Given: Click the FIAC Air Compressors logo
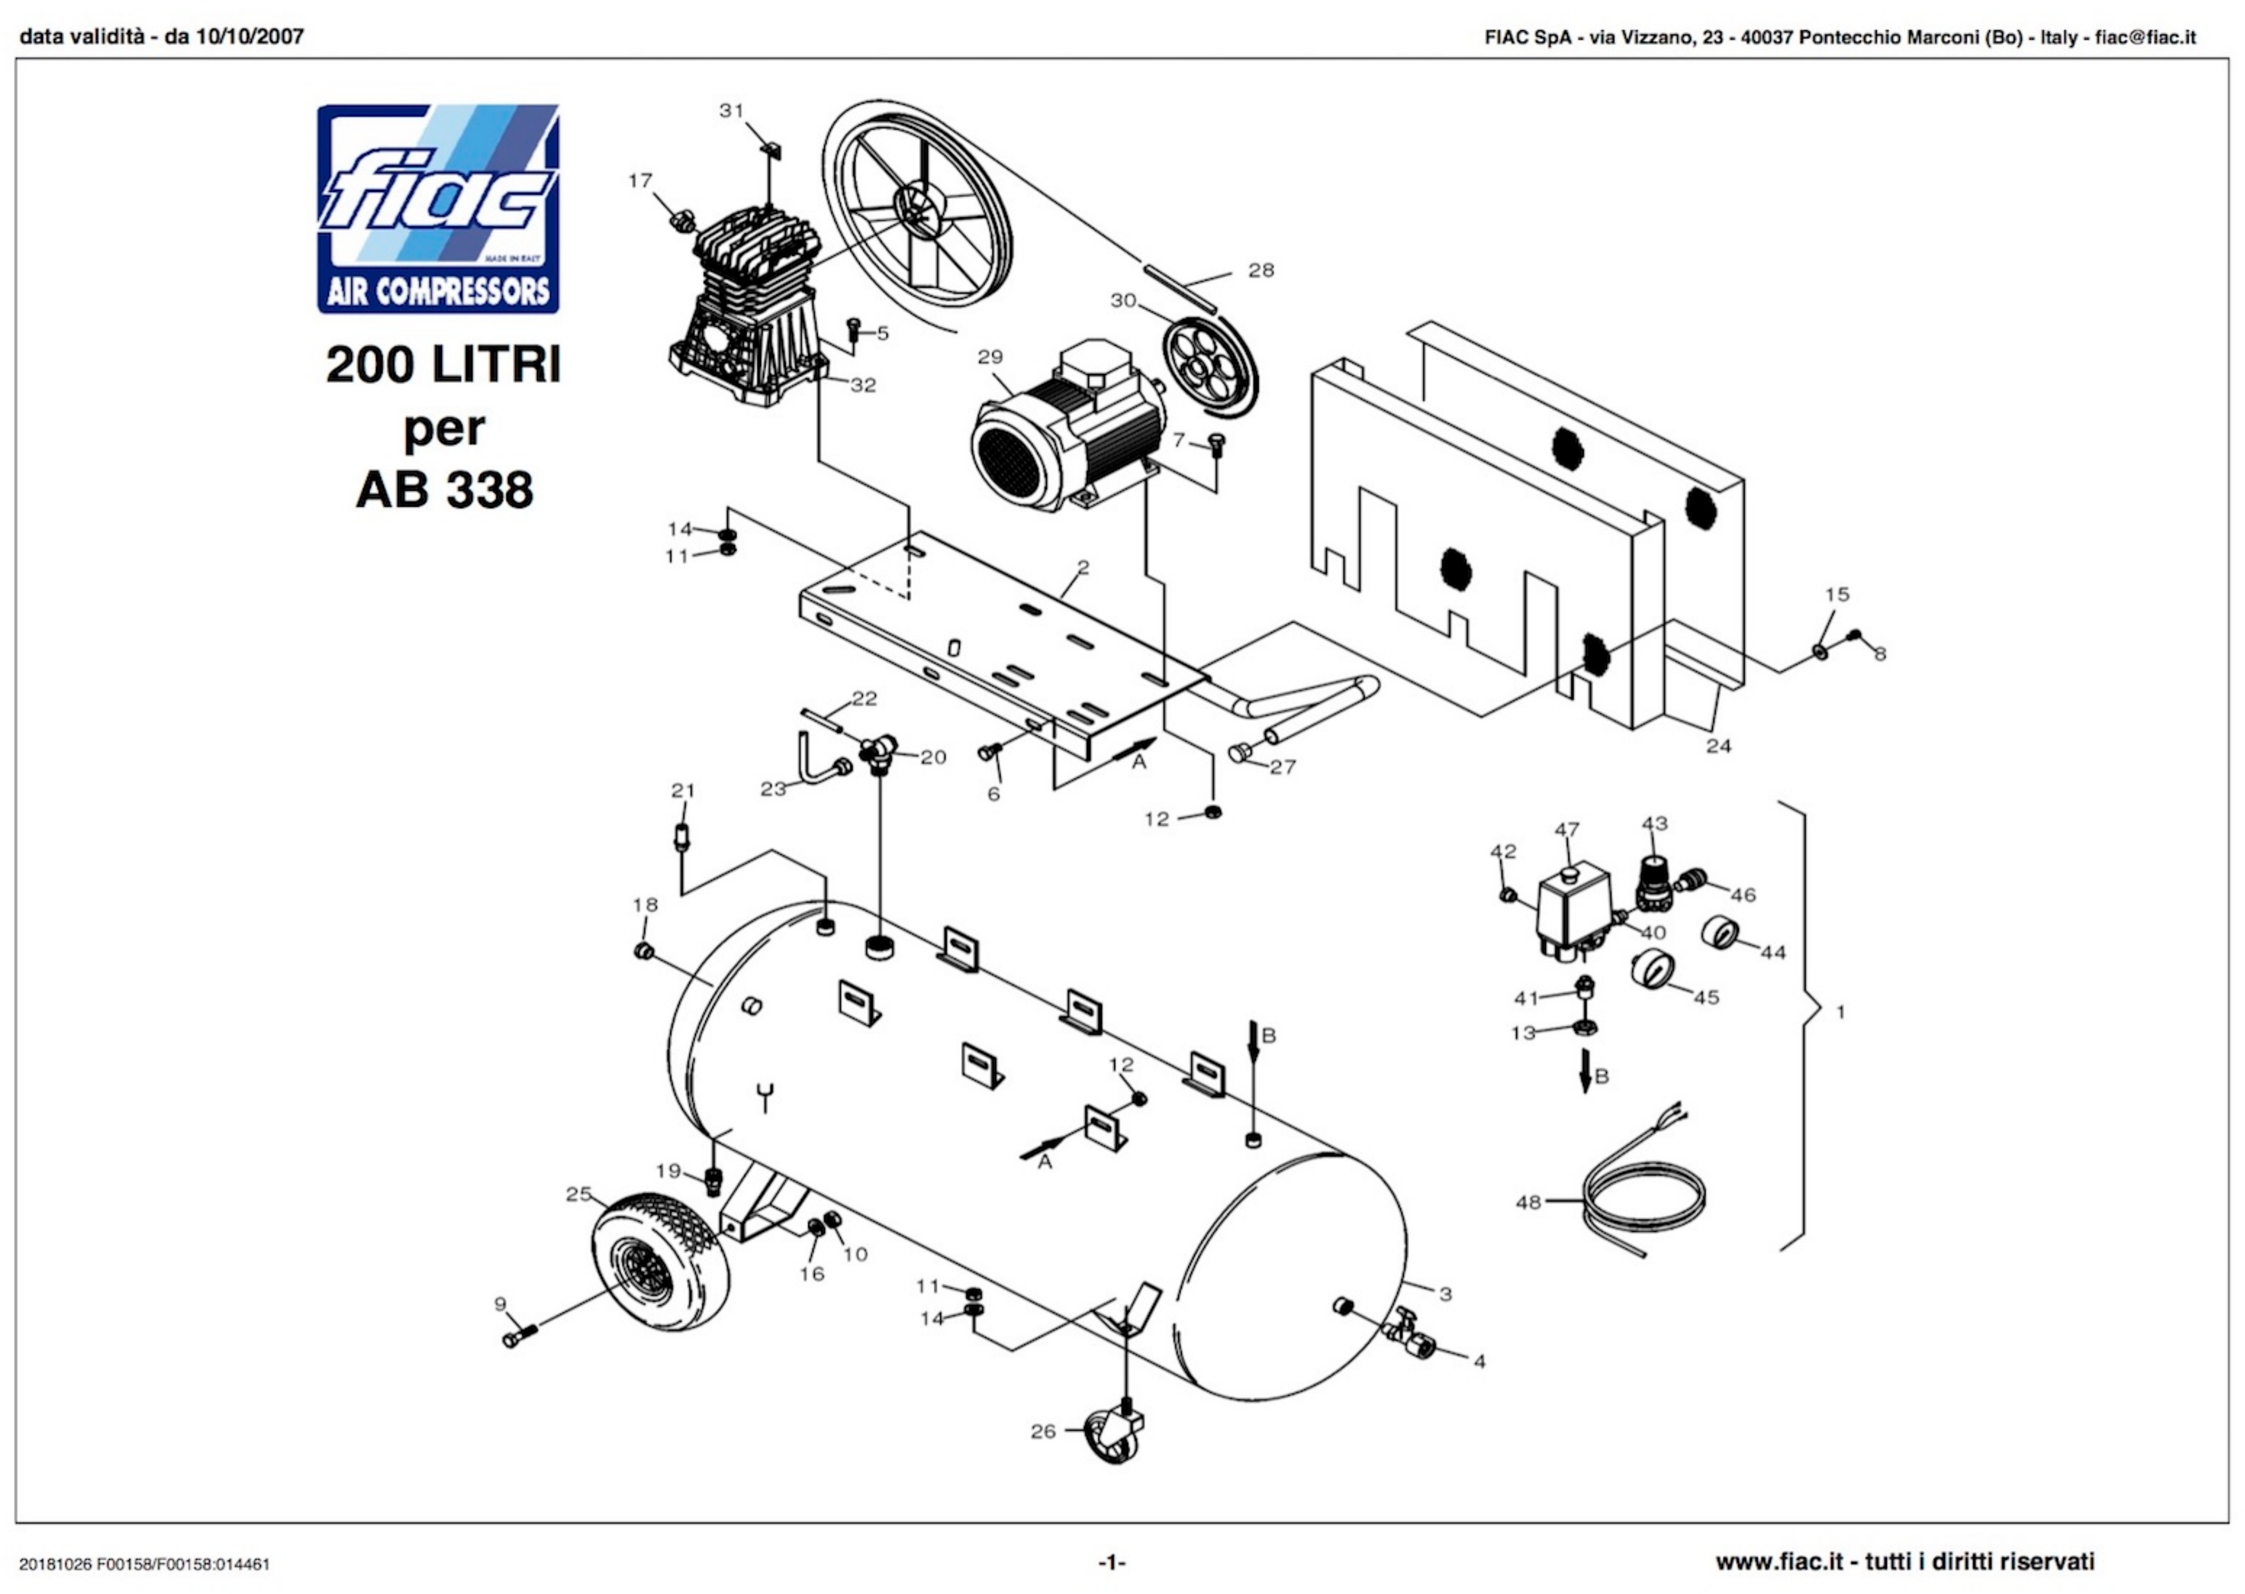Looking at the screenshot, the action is point(438,209).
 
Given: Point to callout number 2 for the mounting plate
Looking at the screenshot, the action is point(1083,567).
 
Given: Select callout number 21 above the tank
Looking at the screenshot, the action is point(683,790).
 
